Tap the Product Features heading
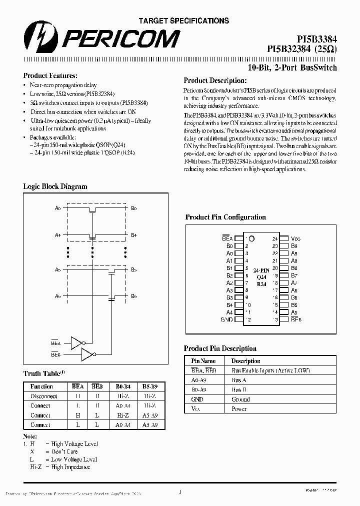[x=50, y=76]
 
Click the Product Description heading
[x=215, y=80]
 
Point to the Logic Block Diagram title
[x=55, y=186]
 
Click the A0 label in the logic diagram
[x=58, y=208]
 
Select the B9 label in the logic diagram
[x=134, y=296]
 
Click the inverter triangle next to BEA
[x=76, y=342]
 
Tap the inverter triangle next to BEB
[x=87, y=354]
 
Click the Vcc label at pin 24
[x=296, y=239]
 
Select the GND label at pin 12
[x=227, y=319]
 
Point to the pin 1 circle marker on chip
[x=251, y=239]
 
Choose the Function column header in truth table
[x=41, y=386]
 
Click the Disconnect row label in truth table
[x=43, y=396]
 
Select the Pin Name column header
[x=203, y=361]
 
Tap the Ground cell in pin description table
[x=240, y=399]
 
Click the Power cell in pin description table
[x=239, y=409]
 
